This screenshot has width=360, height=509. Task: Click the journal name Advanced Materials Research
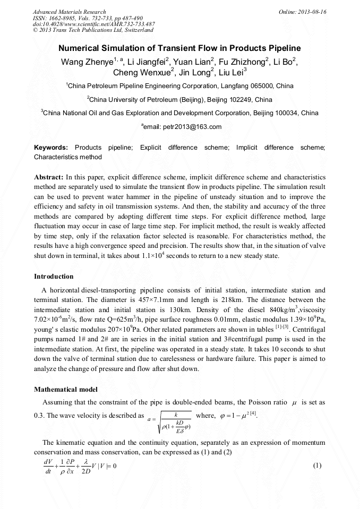(69, 12)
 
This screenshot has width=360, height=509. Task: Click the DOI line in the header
(93, 24)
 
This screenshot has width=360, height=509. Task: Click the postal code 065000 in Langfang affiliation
(260, 85)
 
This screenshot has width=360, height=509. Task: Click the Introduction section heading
(54, 277)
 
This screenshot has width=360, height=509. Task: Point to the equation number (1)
(318, 465)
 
